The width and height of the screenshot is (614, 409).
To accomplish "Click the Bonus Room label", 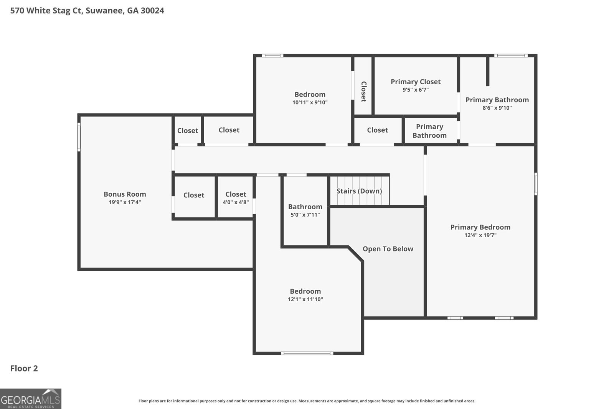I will pyautogui.click(x=125, y=194).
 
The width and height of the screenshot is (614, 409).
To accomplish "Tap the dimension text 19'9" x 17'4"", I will pyautogui.click(x=125, y=202).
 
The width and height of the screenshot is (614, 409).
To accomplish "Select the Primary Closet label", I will pyautogui.click(x=416, y=82).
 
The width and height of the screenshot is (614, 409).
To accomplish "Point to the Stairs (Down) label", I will pyautogui.click(x=359, y=191).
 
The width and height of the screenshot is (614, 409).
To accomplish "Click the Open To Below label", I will pyautogui.click(x=388, y=249).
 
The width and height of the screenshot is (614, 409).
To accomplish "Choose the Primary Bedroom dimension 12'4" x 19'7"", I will pyautogui.click(x=480, y=235).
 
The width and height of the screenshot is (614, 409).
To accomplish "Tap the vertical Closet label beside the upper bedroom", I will pyautogui.click(x=363, y=91).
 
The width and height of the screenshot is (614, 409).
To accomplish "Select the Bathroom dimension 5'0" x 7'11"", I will pyautogui.click(x=305, y=215).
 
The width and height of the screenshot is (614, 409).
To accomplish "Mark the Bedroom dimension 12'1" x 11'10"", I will pyautogui.click(x=305, y=299).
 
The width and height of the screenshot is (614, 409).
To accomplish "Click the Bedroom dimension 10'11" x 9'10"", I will pyautogui.click(x=310, y=103).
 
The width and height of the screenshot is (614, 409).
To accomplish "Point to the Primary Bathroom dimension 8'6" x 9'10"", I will pyautogui.click(x=497, y=108).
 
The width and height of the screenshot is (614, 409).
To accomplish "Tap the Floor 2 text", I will pyautogui.click(x=24, y=368).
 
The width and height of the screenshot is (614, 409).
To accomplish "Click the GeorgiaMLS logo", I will pyautogui.click(x=31, y=399).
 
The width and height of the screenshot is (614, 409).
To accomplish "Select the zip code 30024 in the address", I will pyautogui.click(x=152, y=11).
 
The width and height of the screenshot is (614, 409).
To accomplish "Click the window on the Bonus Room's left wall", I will pyautogui.click(x=79, y=137).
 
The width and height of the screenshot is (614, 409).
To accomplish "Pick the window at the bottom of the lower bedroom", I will pyautogui.click(x=307, y=353).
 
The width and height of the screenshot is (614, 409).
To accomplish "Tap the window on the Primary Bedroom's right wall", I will pyautogui.click(x=536, y=184).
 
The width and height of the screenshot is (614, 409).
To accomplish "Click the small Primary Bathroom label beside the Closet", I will pyautogui.click(x=429, y=131).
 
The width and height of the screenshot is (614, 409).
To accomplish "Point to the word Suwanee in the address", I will pyautogui.click(x=104, y=11).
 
